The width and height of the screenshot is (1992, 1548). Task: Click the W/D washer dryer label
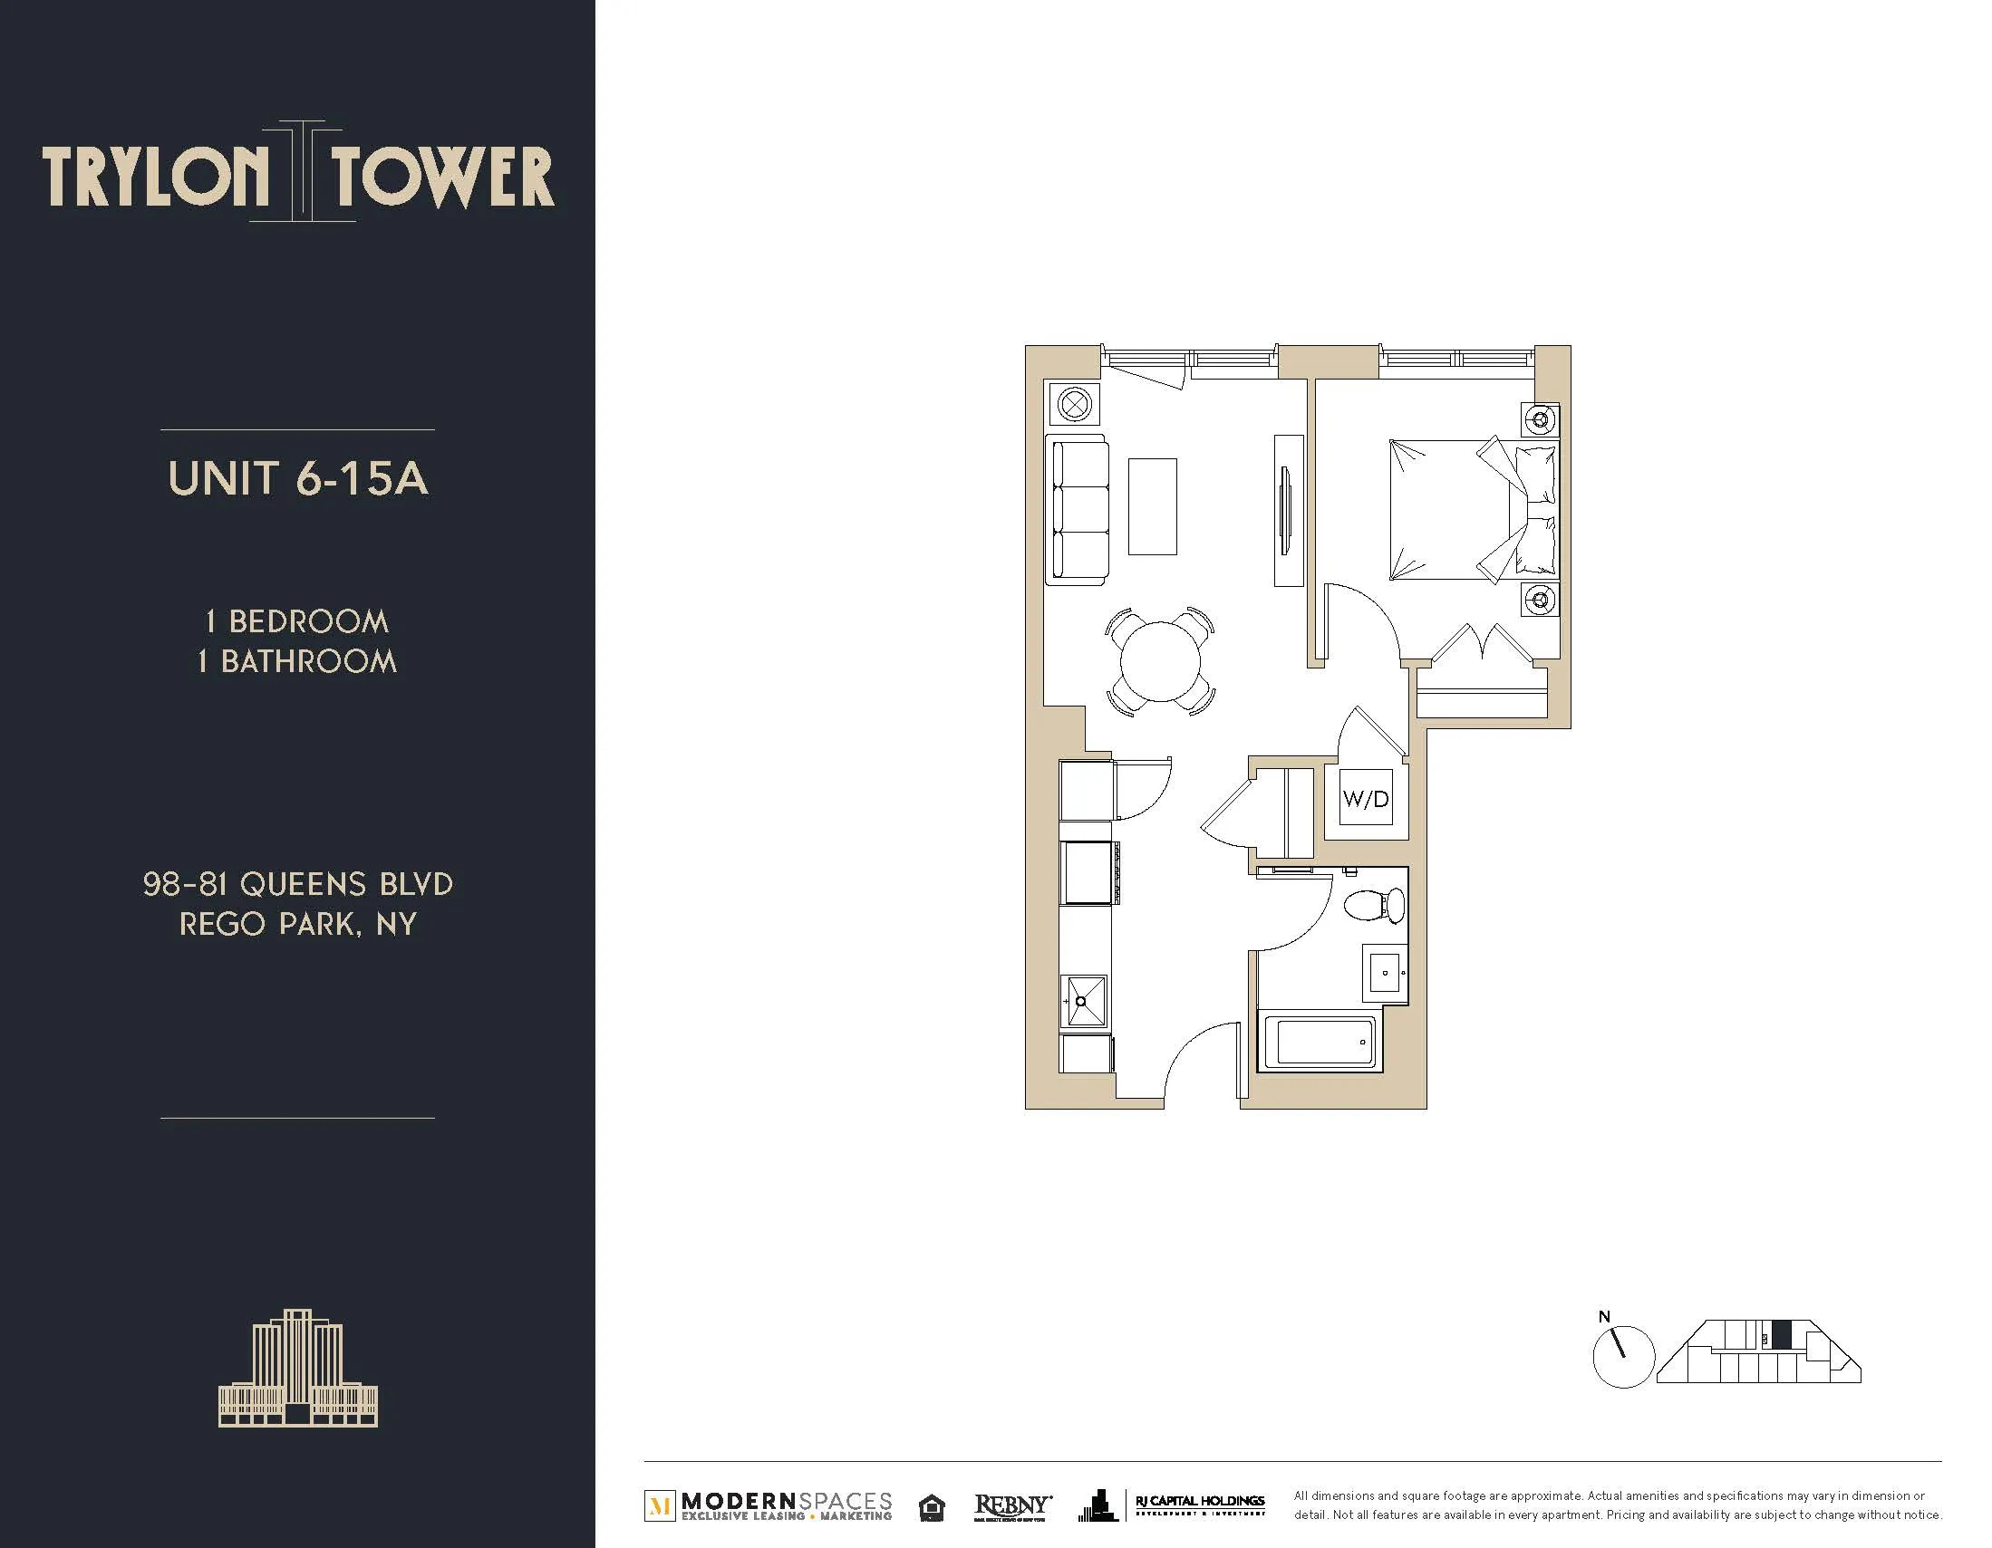1366,800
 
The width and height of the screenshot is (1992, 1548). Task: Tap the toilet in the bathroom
1375,903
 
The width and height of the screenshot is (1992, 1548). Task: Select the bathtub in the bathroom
1322,1041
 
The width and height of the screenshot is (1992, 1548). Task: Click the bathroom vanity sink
1386,974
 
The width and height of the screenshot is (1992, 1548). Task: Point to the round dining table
1160,661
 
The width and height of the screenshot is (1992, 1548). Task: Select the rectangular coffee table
1152,506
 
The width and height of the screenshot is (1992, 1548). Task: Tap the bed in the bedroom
1459,510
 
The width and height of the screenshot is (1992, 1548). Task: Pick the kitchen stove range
1088,872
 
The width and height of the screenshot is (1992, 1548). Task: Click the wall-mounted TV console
1288,511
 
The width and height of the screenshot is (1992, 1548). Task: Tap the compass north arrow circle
1622,1357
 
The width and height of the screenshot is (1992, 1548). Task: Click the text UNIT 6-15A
297,478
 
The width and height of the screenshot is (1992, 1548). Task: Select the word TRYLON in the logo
155,177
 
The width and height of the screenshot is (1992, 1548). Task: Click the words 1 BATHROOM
297,661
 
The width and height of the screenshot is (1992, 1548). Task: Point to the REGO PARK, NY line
297,925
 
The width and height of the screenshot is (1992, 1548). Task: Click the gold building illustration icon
297,1370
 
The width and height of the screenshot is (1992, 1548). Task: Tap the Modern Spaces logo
769,1506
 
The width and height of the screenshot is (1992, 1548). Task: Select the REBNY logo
1012,1506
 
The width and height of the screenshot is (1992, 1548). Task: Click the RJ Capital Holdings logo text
1198,1503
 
